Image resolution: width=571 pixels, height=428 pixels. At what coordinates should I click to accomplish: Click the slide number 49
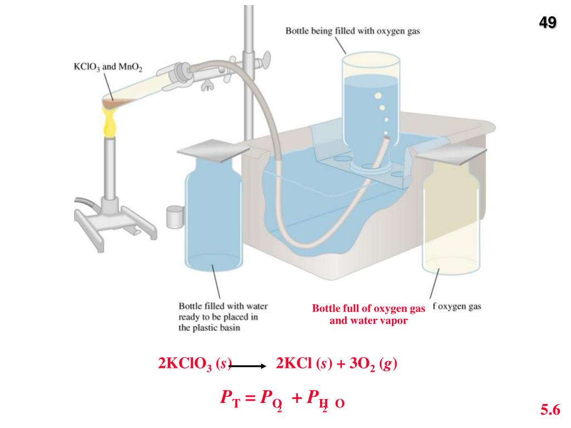pyautogui.click(x=547, y=23)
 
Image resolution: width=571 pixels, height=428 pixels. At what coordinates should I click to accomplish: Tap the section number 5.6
pyautogui.click(x=549, y=411)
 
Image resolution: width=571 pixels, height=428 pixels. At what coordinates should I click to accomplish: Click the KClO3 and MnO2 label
pyautogui.click(x=108, y=67)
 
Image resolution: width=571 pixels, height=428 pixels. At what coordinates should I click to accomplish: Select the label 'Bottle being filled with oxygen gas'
pyautogui.click(x=352, y=31)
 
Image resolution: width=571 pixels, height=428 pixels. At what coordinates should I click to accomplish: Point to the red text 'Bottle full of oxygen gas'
pyautogui.click(x=368, y=309)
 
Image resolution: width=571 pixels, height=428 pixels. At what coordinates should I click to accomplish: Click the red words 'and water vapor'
pyautogui.click(x=368, y=321)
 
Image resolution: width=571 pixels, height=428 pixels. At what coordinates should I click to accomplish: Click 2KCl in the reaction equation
pyautogui.click(x=294, y=364)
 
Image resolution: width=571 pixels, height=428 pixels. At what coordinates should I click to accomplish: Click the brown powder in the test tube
pyautogui.click(x=120, y=103)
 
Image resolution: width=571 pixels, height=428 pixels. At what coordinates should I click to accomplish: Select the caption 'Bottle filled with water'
pyautogui.click(x=222, y=307)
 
